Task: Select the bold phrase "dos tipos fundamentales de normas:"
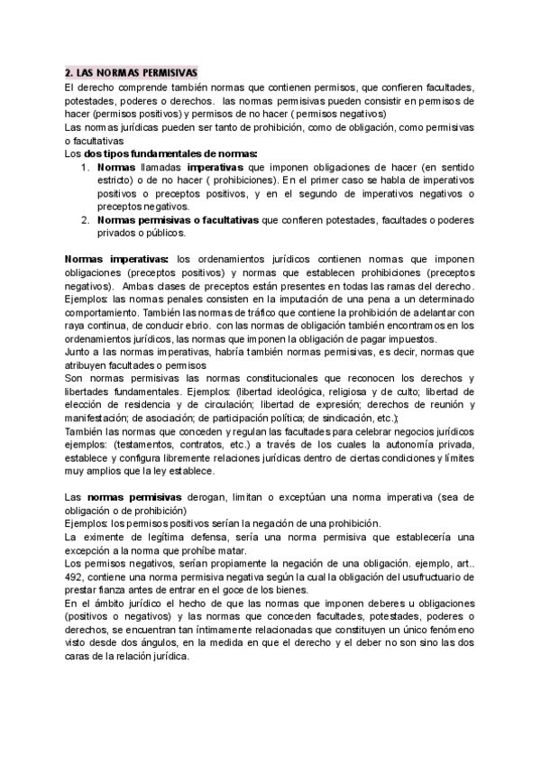click(x=170, y=154)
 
